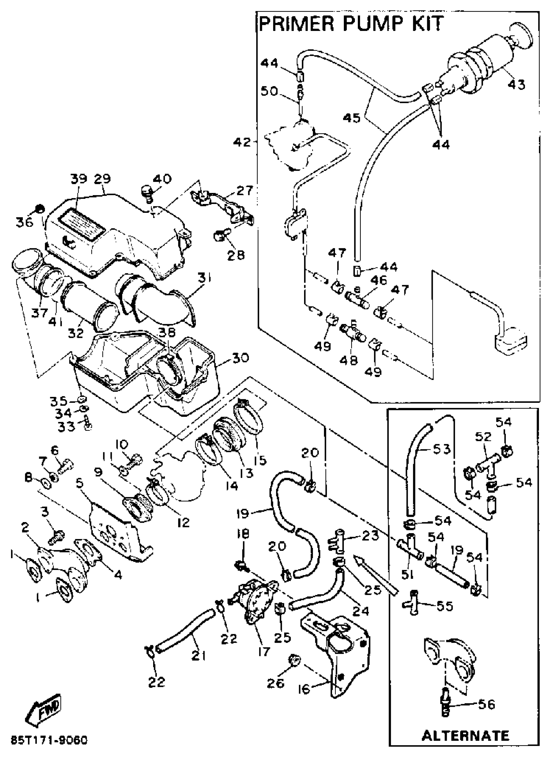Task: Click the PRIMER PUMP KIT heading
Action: coord(351,24)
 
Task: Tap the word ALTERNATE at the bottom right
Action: coord(465,735)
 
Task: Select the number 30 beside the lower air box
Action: coord(240,358)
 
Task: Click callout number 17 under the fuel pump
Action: coord(264,651)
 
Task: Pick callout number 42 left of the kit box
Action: coord(242,142)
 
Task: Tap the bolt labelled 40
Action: coord(147,194)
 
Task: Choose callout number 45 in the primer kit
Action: coord(351,118)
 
